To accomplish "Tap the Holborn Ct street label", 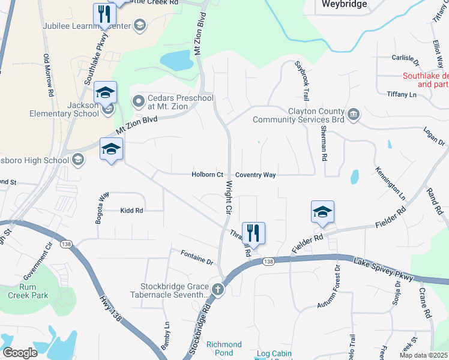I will [x=207, y=175].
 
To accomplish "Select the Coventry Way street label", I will [x=255, y=175].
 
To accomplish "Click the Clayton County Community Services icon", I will [x=354, y=113].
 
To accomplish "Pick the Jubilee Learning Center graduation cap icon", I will [x=139, y=25].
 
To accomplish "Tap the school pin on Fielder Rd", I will [x=322, y=212].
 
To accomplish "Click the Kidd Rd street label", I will [x=131, y=211].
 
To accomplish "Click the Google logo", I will [x=19, y=353].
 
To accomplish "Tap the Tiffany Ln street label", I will [x=402, y=94].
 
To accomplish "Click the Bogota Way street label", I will [x=100, y=207].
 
